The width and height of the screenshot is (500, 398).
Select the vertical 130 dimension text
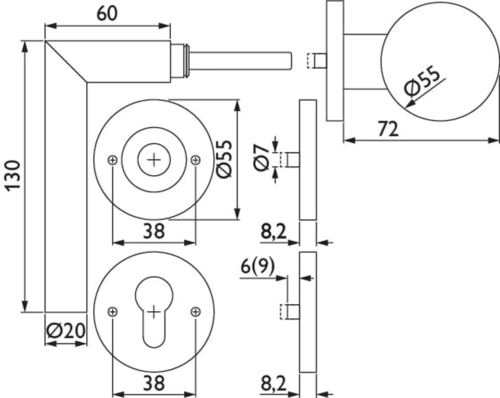click(x=13, y=175)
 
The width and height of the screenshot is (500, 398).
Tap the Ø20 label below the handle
click(x=65, y=331)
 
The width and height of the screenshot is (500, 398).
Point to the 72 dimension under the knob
click(x=388, y=129)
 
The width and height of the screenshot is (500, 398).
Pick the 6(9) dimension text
click(x=258, y=267)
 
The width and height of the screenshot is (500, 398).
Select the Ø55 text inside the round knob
click(x=423, y=82)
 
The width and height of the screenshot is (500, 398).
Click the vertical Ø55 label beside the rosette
click(x=225, y=158)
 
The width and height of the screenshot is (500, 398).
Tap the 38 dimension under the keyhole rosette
click(x=154, y=383)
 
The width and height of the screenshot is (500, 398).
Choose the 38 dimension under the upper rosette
click(x=154, y=231)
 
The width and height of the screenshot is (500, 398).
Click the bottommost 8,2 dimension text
click(x=273, y=383)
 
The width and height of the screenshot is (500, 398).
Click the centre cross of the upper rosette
click(x=154, y=159)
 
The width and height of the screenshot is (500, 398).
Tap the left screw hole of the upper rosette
click(x=113, y=159)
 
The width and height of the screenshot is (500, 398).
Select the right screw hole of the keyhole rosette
click(x=196, y=311)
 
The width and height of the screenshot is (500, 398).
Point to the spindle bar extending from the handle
click(x=239, y=60)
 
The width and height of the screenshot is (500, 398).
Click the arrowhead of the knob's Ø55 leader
click(x=408, y=105)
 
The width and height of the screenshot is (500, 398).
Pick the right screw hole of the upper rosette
click(x=196, y=159)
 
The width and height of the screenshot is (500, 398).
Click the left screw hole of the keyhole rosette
click(x=113, y=311)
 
